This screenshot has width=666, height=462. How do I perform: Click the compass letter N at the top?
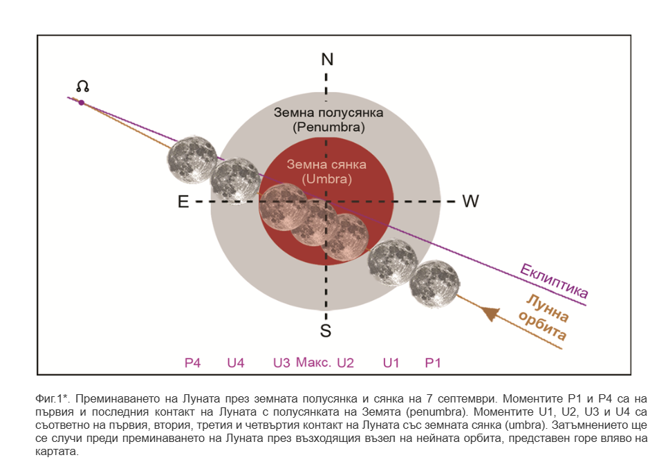327,59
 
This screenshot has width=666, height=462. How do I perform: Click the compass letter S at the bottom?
326,331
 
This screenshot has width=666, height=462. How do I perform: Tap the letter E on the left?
183,201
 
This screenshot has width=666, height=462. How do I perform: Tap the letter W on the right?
470,201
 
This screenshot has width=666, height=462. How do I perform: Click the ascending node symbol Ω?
82,86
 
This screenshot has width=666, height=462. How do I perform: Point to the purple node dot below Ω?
82,102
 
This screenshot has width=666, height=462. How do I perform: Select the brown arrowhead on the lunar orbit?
490,313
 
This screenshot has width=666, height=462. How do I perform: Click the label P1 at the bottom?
433,362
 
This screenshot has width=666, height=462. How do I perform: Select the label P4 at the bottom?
192,362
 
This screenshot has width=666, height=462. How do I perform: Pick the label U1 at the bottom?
391,362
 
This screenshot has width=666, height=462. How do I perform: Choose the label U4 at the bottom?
236,362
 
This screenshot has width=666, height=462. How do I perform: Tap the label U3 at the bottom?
281,362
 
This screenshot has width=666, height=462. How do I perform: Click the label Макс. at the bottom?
313,362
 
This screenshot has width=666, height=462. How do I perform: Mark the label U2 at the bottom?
345,362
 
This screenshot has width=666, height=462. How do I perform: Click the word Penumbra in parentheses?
329,127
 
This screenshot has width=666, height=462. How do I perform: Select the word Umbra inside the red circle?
327,179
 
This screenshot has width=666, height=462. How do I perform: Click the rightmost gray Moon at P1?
434,283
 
